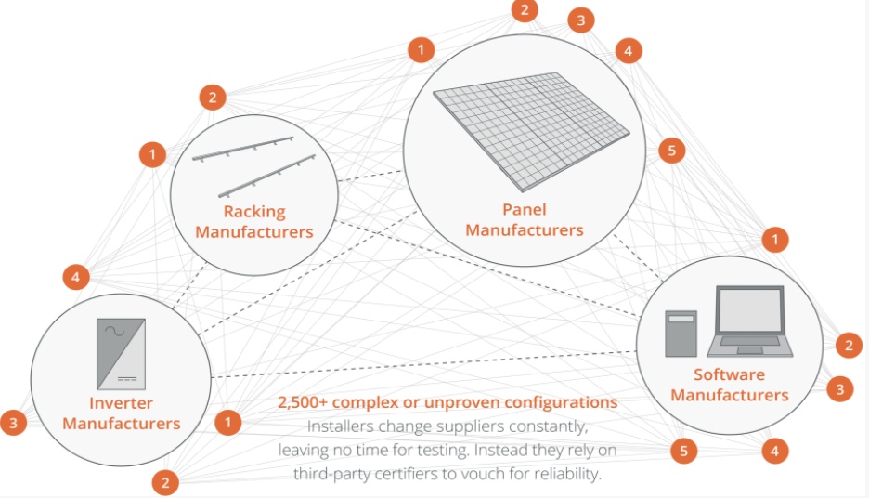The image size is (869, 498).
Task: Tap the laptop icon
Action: click(x=750, y=321)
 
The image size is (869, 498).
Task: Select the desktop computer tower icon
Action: click(x=681, y=334)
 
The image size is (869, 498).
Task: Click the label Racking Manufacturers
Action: click(x=254, y=222)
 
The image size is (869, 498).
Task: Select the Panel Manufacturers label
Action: click(x=525, y=219)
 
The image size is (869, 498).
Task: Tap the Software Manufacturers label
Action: click(x=729, y=385)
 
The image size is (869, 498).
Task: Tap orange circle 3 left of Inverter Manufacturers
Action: click(x=13, y=424)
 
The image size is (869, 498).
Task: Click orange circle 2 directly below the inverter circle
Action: click(x=165, y=482)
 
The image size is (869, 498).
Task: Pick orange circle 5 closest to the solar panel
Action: click(x=671, y=151)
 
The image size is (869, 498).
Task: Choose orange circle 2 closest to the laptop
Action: click(x=849, y=346)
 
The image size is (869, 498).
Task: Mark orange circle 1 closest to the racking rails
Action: click(x=152, y=154)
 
